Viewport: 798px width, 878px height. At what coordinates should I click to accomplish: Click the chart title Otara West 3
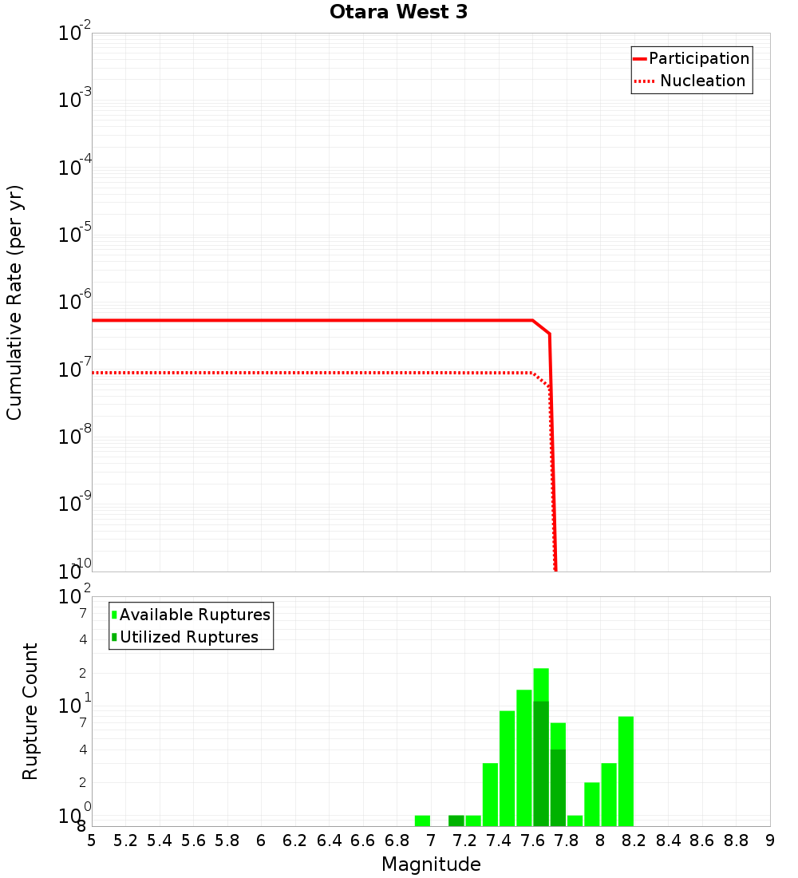(392, 13)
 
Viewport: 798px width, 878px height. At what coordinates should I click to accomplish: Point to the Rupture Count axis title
(30, 711)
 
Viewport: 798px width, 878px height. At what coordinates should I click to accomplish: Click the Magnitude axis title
(431, 864)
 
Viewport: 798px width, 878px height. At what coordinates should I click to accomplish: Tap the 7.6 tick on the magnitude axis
(532, 840)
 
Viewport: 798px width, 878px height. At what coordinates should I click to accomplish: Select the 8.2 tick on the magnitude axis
(634, 840)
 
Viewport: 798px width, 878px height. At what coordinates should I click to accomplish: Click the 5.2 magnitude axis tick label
(125, 840)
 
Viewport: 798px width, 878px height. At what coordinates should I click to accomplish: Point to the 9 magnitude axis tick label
(770, 840)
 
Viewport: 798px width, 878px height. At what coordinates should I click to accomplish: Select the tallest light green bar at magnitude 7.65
(541, 684)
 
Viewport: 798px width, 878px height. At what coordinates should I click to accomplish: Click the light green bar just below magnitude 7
(422, 821)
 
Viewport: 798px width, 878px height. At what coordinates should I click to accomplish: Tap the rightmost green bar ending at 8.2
(626, 771)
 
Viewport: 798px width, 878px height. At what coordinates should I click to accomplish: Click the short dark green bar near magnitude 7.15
(456, 821)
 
